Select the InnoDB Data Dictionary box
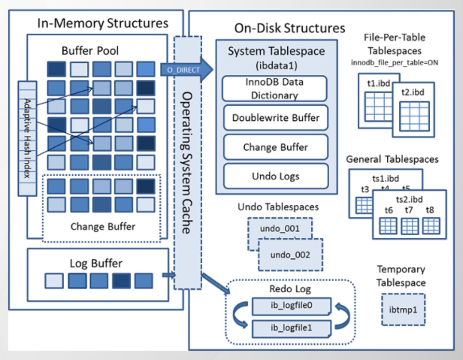tap(274, 88)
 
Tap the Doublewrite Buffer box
tap(276, 118)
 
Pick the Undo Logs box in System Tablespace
tap(276, 176)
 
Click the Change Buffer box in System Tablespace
tap(276, 147)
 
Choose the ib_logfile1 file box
tap(291, 329)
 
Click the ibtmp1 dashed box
tap(403, 310)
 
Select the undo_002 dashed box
tap(290, 255)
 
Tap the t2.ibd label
tap(413, 92)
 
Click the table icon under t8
tap(431, 226)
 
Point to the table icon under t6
tap(388, 226)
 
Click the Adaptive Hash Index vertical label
tap(27, 138)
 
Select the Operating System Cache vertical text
tap(187, 163)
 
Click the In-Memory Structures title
tap(103, 23)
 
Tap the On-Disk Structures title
tap(289, 28)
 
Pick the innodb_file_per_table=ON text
tap(394, 62)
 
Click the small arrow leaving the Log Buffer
tap(169, 275)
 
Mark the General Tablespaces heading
tap(392, 159)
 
